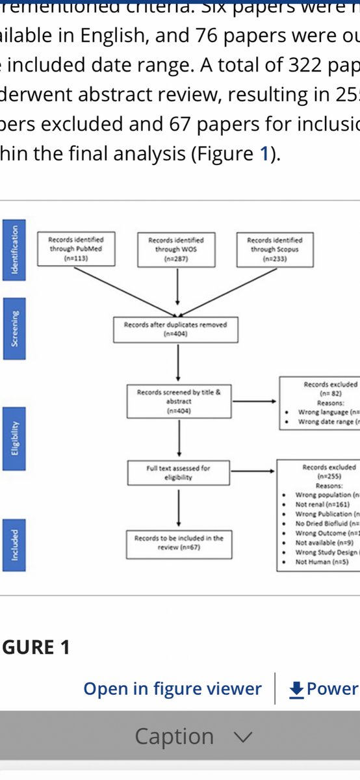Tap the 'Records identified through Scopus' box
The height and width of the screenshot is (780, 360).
click(274, 249)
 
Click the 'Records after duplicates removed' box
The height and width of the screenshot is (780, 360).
click(175, 330)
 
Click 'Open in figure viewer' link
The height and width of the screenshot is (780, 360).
click(172, 689)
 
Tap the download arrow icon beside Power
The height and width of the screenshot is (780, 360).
click(296, 689)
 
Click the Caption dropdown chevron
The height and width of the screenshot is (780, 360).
click(242, 737)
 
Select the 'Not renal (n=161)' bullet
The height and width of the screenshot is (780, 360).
click(322, 504)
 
